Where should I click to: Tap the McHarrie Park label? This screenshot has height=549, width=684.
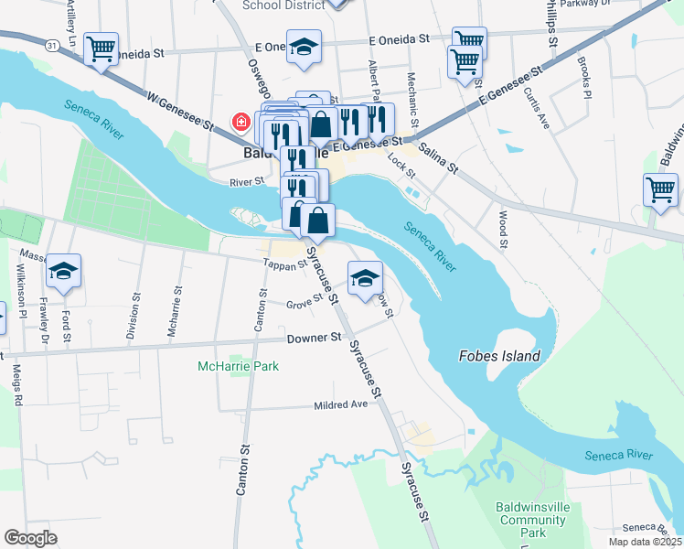[239, 366]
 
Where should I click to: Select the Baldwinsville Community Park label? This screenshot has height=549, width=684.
[532, 519]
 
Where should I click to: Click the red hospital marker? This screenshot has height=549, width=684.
[241, 122]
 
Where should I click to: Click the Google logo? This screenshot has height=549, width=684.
[30, 538]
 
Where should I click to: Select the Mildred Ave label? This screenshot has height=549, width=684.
[339, 404]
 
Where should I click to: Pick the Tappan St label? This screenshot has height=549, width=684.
[284, 264]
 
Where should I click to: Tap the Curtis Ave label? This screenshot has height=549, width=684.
[536, 109]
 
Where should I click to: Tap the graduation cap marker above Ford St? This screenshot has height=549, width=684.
[64, 271]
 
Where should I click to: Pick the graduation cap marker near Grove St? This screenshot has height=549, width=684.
[365, 278]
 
